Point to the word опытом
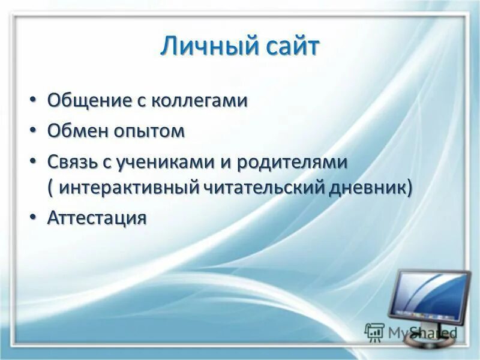149,131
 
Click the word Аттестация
97,218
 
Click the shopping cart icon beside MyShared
374,332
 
